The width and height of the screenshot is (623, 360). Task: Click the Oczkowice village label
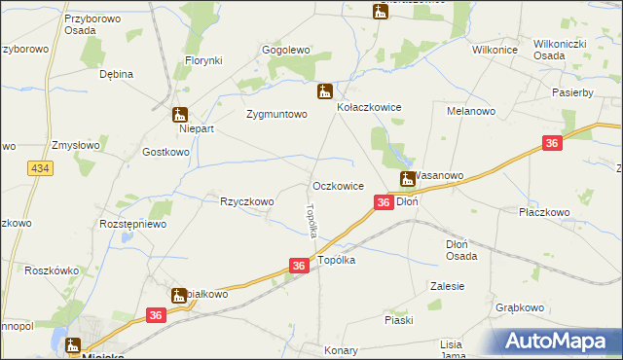(338, 185)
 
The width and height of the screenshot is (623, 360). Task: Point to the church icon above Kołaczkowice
(325, 92)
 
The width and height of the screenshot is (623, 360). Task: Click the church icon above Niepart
(180, 114)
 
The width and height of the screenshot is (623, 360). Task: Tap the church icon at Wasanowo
(409, 178)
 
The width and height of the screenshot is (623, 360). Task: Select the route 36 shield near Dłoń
(384, 201)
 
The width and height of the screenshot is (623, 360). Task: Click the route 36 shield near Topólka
(299, 265)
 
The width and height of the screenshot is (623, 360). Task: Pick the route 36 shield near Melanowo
(552, 144)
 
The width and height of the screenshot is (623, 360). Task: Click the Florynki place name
(204, 60)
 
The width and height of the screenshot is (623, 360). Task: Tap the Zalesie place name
(447, 286)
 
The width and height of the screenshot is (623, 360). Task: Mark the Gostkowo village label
(165, 153)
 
